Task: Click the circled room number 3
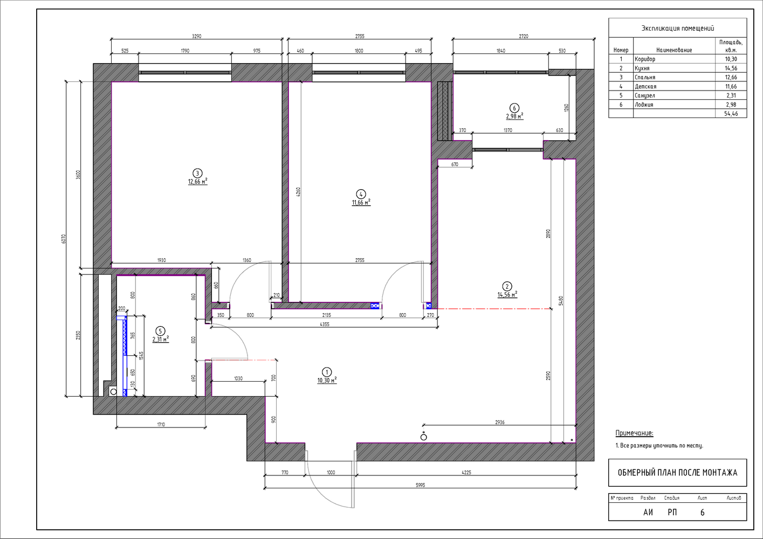[197, 174]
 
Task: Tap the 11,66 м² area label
[361, 203]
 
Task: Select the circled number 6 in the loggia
[514, 108]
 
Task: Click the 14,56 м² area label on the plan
[507, 294]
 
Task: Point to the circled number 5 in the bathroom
[160, 331]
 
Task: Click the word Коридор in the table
[645, 59]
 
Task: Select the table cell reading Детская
[645, 86]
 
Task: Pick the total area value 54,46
[731, 114]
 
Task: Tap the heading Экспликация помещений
[678, 28]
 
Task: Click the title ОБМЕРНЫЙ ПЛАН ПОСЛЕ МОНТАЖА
[677, 473]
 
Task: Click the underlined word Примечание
[634, 433]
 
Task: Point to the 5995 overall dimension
[421, 485]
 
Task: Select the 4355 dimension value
[325, 324]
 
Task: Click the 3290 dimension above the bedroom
[196, 36]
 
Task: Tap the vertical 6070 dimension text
[64, 239]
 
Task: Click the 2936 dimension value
[500, 422]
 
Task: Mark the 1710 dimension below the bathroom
[161, 424]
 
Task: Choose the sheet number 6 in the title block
[703, 513]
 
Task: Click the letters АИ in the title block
[648, 513]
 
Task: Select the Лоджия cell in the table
[644, 105]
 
